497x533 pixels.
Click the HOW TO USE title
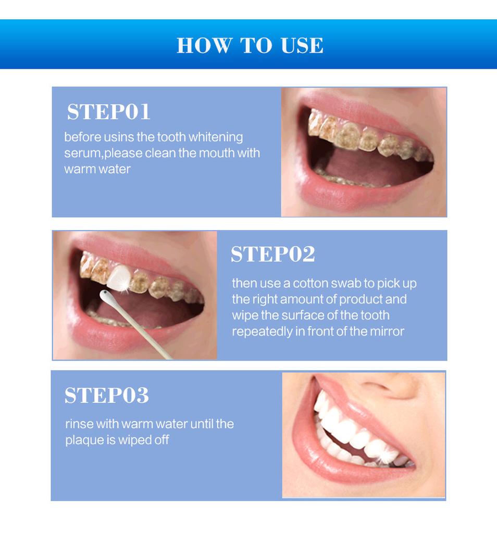click(250, 45)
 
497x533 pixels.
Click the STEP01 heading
click(108, 112)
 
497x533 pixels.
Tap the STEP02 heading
click(272, 255)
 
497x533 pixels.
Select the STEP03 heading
click(106, 396)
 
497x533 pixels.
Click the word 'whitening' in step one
click(215, 137)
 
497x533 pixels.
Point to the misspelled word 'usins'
click(119, 137)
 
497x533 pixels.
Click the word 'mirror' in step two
click(387, 332)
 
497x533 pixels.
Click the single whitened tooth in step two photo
click(118, 277)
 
